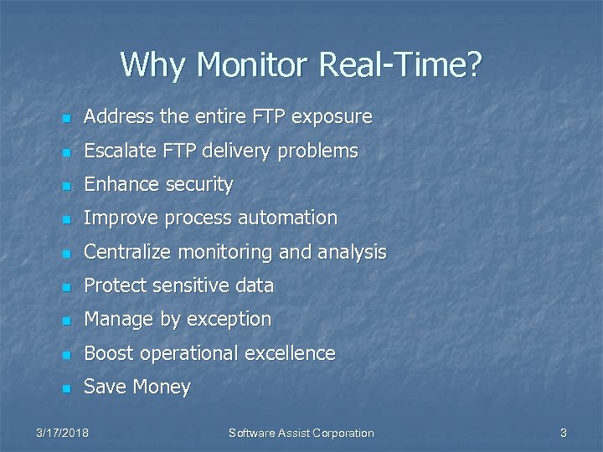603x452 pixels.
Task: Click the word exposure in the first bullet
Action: pyautogui.click(x=330, y=117)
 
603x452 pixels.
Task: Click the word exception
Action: pyautogui.click(x=229, y=320)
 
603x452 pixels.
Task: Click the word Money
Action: pyautogui.click(x=163, y=388)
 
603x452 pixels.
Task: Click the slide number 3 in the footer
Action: pyautogui.click(x=564, y=433)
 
